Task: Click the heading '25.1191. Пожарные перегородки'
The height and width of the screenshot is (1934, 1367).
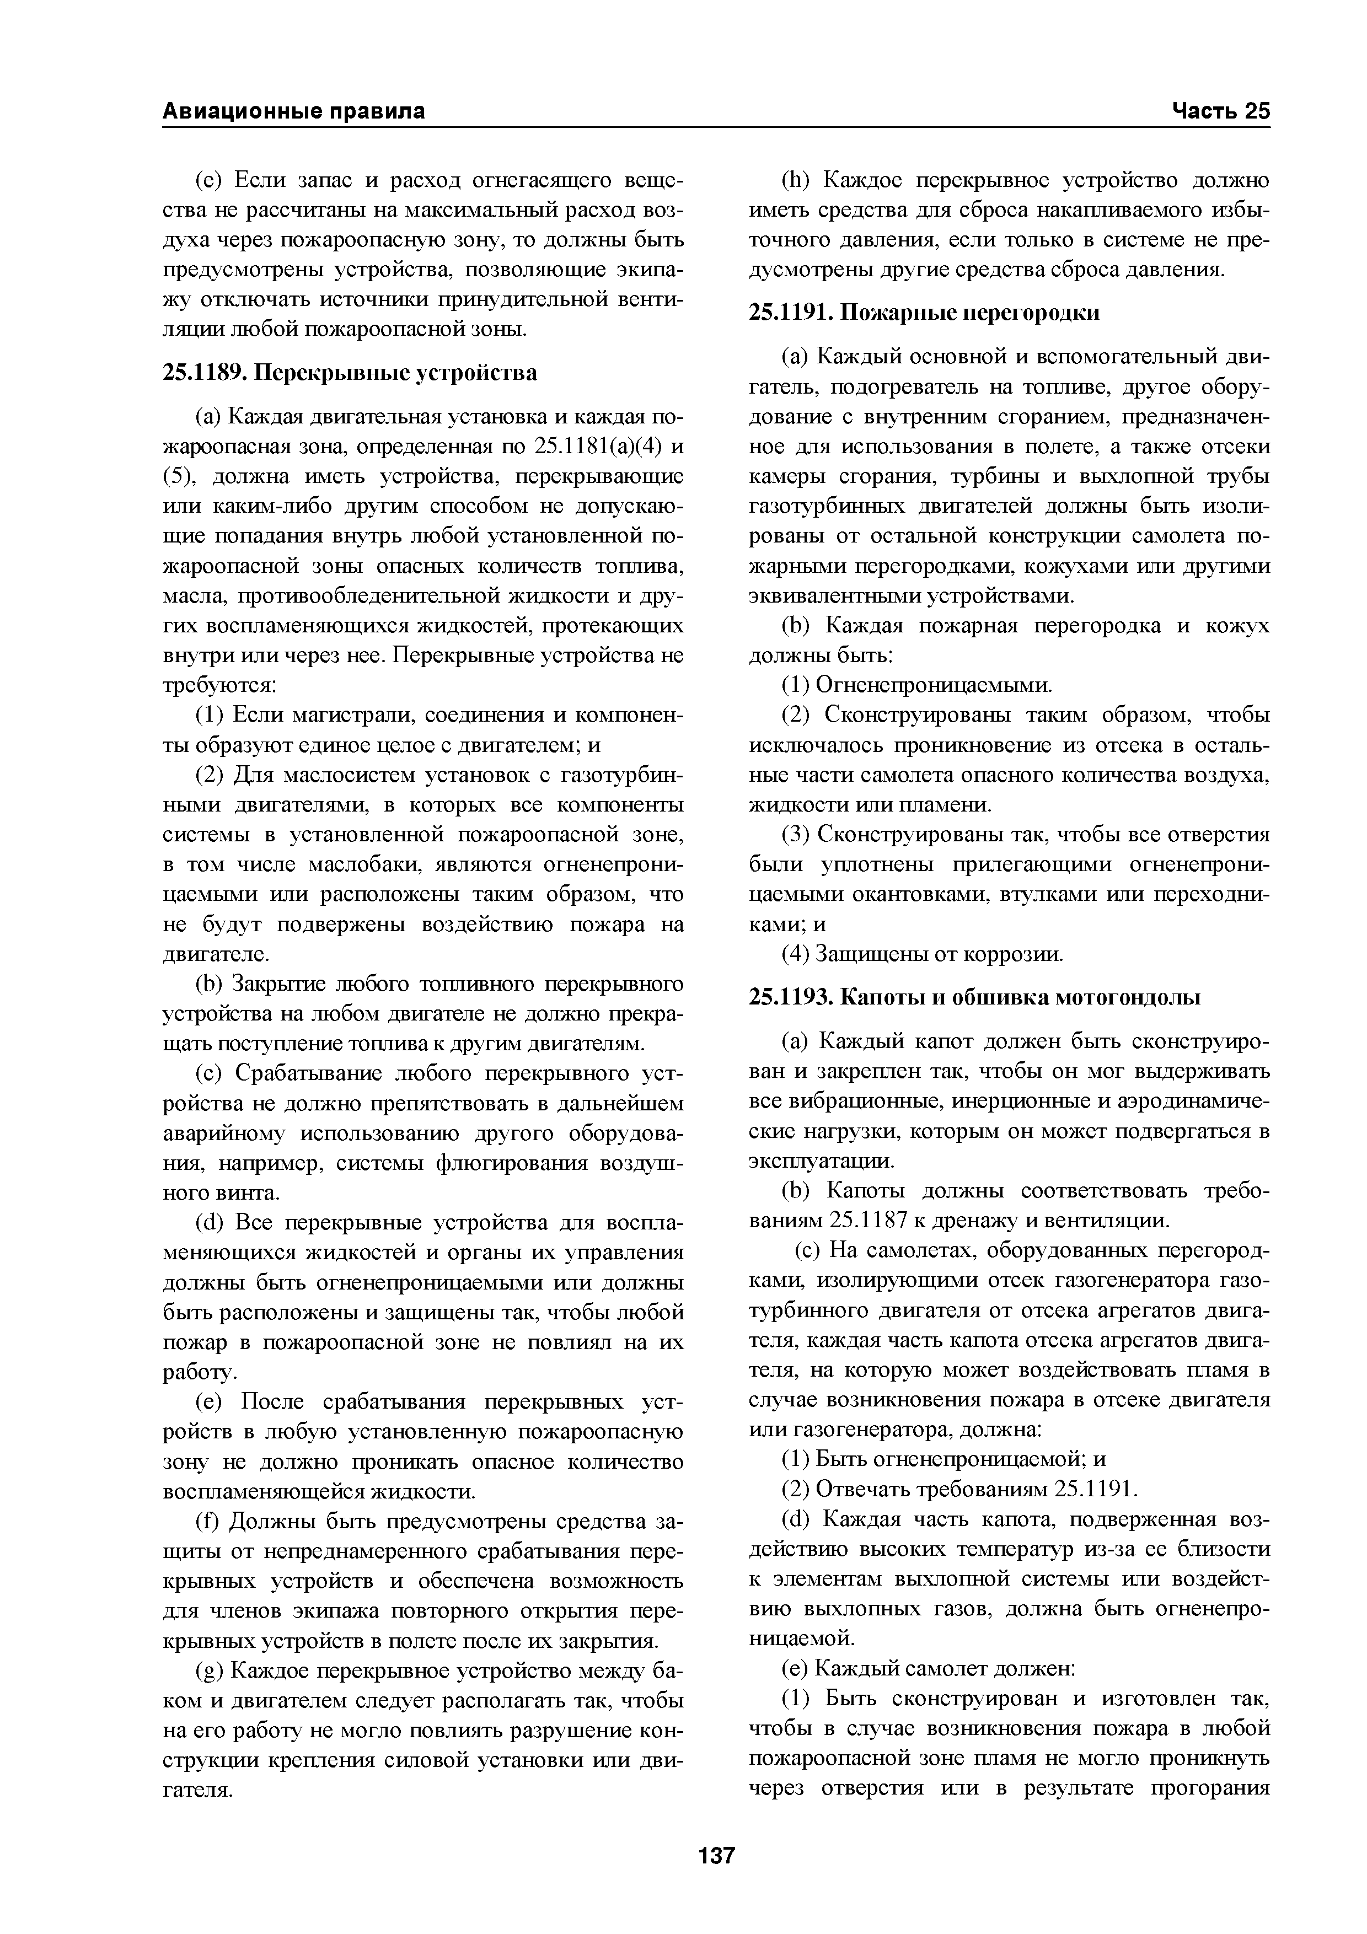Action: pos(924,313)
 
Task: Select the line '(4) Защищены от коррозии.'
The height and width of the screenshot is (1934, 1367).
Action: pos(923,954)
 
